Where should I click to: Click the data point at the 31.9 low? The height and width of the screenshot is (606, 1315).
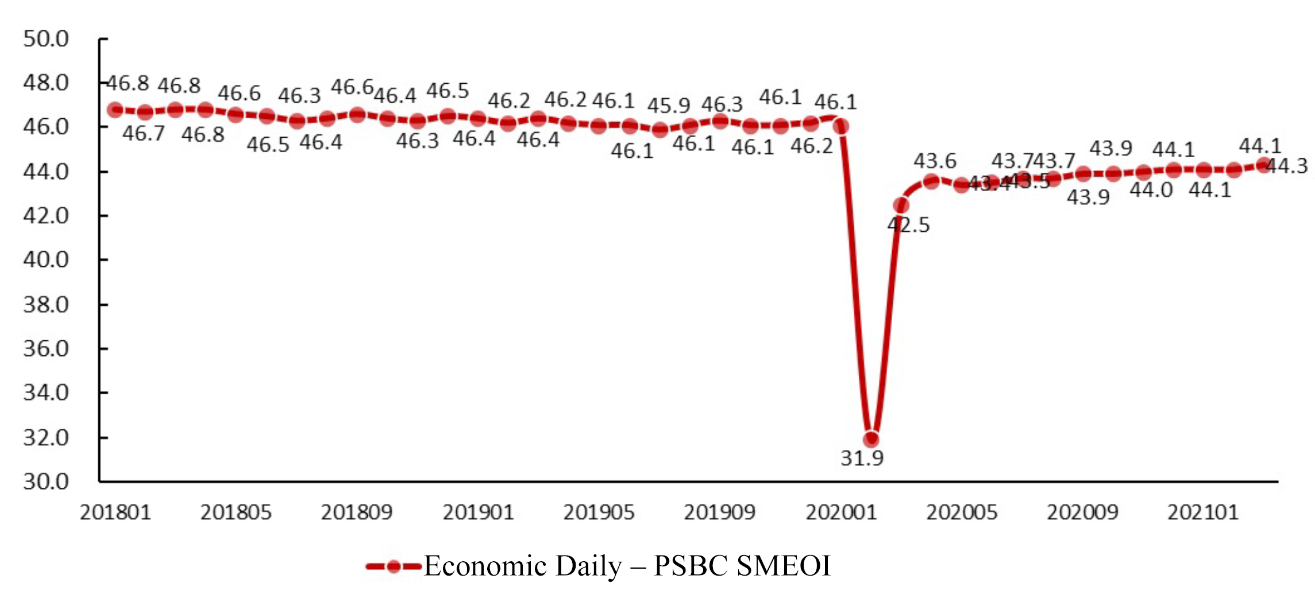[x=871, y=440]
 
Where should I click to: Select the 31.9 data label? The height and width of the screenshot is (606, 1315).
[x=862, y=459]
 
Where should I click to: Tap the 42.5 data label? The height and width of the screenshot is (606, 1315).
[x=908, y=225]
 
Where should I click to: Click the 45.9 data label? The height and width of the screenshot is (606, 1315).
[x=668, y=106]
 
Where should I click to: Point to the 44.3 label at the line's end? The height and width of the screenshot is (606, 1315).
[x=1286, y=166]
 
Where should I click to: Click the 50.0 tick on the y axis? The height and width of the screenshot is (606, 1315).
[x=46, y=39]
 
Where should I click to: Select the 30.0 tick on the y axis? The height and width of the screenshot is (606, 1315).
[x=46, y=481]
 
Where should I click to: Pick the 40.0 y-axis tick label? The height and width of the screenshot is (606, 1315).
[x=46, y=260]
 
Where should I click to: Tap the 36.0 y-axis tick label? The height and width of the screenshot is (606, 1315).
[x=46, y=348]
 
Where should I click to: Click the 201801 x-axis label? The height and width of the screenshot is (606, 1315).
[x=115, y=512]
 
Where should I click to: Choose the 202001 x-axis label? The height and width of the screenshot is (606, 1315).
[x=841, y=512]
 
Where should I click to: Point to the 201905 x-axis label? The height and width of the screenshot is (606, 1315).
[x=599, y=512]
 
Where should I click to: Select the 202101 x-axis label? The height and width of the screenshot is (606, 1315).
[x=1203, y=512]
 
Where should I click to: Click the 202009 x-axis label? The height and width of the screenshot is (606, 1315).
[x=1082, y=512]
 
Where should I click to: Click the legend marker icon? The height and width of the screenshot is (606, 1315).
[x=394, y=567]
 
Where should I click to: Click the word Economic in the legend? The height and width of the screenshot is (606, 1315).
[x=485, y=566]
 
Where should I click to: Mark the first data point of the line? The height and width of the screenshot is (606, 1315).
[x=115, y=110]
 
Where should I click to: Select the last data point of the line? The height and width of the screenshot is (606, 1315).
[x=1263, y=165]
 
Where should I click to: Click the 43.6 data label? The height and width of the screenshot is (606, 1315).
[x=935, y=161]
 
